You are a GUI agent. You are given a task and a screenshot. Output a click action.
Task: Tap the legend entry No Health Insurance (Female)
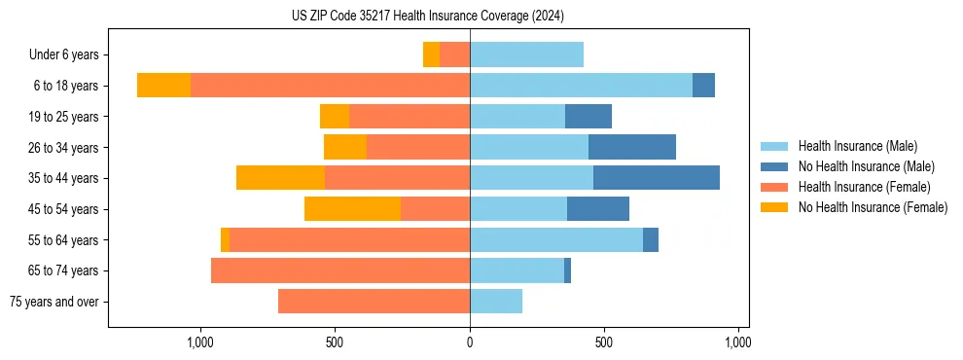pyautogui.click(x=873, y=207)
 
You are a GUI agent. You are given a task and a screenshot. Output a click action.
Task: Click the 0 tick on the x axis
pyautogui.click(x=470, y=342)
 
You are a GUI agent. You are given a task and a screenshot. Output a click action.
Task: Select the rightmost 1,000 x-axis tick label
pyautogui.click(x=737, y=342)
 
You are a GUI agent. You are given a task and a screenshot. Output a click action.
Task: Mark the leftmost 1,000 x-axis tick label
pyautogui.click(x=200, y=342)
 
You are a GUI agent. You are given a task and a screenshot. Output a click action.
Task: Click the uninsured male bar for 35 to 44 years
pyautogui.click(x=657, y=178)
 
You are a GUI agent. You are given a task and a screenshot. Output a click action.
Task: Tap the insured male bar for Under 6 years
pyautogui.click(x=526, y=54)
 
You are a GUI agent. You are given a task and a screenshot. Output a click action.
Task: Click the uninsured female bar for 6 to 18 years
pyautogui.click(x=163, y=86)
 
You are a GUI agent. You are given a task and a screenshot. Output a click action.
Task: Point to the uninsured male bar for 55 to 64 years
pyautogui.click(x=651, y=239)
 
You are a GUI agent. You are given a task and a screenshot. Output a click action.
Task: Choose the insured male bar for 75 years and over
pyautogui.click(x=496, y=302)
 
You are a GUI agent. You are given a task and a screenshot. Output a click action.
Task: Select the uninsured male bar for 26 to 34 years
pyautogui.click(x=632, y=147)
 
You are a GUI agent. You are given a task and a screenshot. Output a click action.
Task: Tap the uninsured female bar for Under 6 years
pyautogui.click(x=431, y=54)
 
